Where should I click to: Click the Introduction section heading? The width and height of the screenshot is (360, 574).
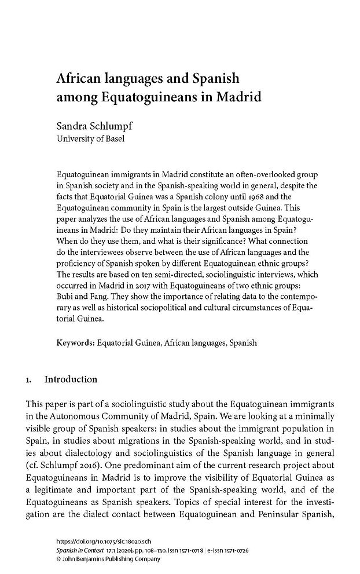pos(71,380)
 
